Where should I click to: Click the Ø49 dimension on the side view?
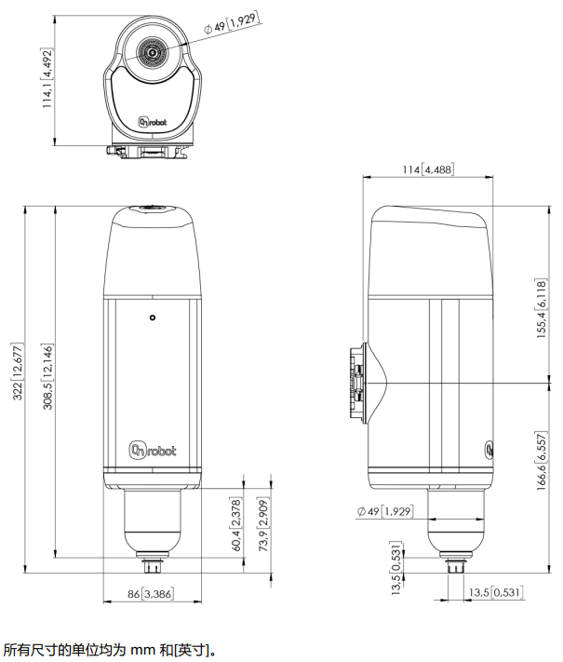point(384,511)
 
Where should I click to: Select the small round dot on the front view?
point(153,318)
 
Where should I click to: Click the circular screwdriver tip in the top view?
point(152,53)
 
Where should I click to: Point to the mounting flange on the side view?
point(356,383)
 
